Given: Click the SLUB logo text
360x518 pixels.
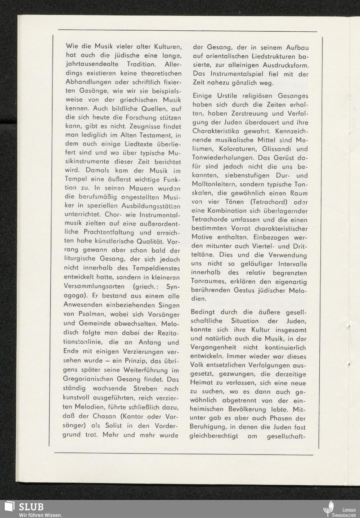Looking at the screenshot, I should tap(32, 507).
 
